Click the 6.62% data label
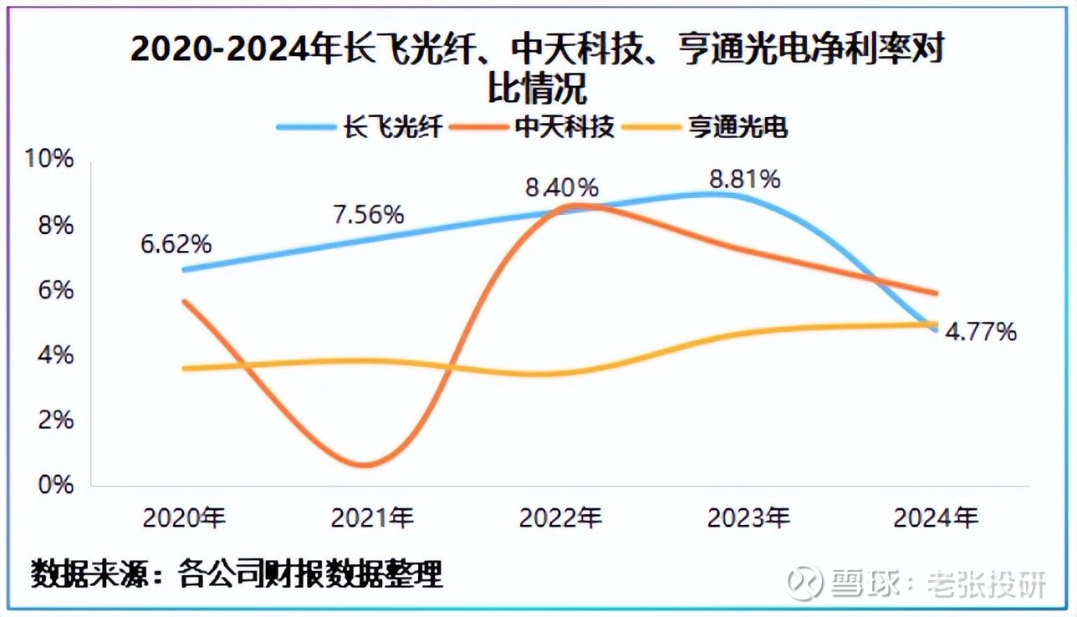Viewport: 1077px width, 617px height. tap(176, 245)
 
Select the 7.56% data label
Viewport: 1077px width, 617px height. tap(368, 214)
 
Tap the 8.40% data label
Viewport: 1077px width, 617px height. tap(562, 187)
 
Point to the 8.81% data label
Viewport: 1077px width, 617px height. tap(744, 179)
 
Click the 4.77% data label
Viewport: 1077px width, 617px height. tap(981, 332)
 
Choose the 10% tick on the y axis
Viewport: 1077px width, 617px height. tap(53, 160)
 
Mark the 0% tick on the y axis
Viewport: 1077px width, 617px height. tap(57, 484)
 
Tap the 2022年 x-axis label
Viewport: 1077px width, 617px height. tap(560, 518)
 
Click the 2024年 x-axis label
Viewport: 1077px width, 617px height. tap(936, 518)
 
